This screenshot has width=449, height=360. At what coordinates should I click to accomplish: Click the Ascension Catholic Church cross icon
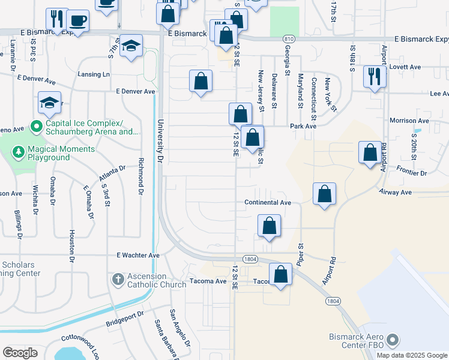pyautogui.click(x=118, y=279)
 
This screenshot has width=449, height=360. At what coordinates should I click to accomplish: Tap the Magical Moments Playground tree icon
pyautogui.click(x=19, y=153)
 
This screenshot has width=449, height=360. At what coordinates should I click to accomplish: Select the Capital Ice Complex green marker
pyautogui.click(x=36, y=127)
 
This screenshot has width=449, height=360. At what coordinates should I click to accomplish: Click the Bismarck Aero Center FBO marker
pyautogui.click(x=394, y=341)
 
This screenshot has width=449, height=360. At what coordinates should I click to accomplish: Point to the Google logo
pyautogui.click(x=20, y=353)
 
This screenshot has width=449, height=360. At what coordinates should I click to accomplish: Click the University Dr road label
pyautogui.click(x=160, y=142)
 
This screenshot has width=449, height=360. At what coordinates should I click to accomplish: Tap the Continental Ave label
pyautogui.click(x=268, y=203)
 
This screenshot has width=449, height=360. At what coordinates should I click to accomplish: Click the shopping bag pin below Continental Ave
pyautogui.click(x=270, y=226)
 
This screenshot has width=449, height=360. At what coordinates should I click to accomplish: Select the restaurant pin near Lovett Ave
pyautogui.click(x=375, y=76)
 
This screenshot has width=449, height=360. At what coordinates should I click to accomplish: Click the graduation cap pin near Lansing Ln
pyautogui.click(x=130, y=47)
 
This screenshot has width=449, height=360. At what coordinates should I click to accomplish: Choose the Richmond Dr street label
pyautogui.click(x=141, y=176)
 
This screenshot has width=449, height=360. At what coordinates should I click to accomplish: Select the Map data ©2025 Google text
pyautogui.click(x=411, y=355)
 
